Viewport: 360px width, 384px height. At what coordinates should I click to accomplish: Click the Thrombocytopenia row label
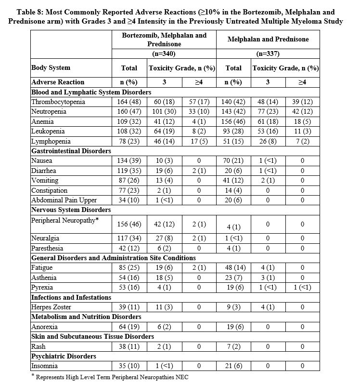(x=58, y=102)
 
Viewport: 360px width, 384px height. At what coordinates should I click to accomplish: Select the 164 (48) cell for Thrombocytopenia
(x=129, y=102)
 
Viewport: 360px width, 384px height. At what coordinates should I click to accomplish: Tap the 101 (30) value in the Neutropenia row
(x=164, y=111)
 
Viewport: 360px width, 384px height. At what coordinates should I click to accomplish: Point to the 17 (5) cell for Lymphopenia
(x=198, y=141)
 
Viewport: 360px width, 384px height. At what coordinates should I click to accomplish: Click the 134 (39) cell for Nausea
(x=129, y=160)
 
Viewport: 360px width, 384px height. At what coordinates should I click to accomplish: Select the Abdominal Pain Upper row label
(x=64, y=200)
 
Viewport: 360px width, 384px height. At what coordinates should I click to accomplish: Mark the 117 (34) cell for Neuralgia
(x=129, y=238)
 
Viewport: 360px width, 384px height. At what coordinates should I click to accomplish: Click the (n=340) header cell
(x=164, y=54)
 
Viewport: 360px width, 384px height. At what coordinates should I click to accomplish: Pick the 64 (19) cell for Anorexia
(x=129, y=327)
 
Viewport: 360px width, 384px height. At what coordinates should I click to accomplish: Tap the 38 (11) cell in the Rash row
(x=129, y=346)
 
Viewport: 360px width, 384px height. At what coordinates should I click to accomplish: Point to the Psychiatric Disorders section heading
(x=63, y=356)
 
